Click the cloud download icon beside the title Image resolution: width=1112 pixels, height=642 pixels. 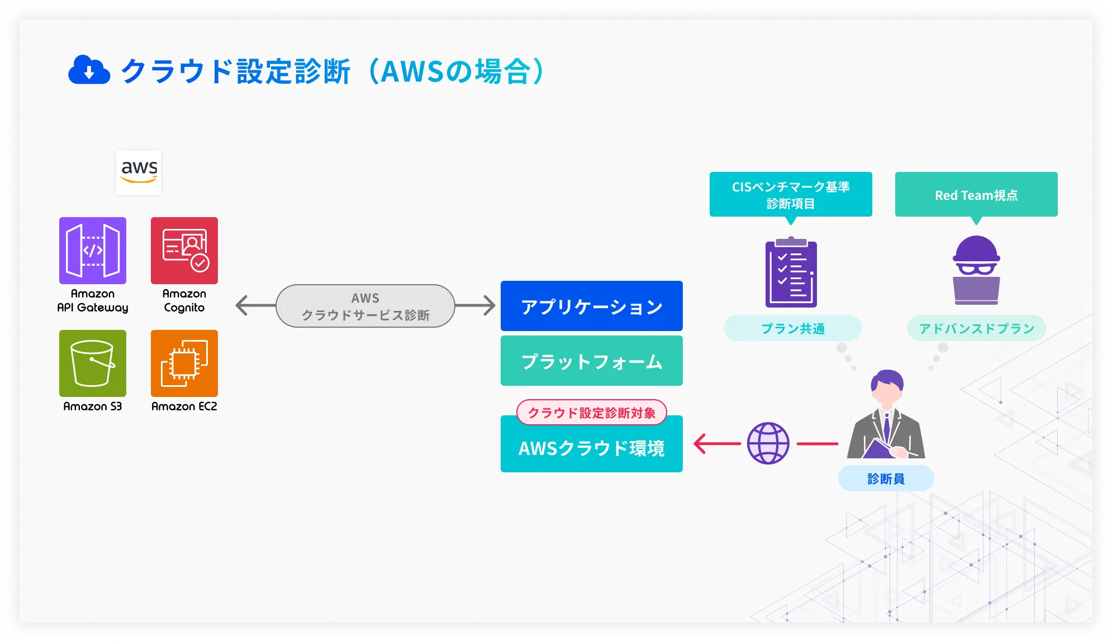pos(89,70)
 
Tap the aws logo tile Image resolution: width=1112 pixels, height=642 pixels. pos(139,172)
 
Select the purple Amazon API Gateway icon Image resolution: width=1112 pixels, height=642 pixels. pos(93,251)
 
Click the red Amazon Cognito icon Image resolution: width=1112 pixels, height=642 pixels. pos(184,251)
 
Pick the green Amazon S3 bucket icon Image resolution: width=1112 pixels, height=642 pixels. pos(93,363)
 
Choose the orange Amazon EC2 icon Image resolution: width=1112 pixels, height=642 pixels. pos(184,363)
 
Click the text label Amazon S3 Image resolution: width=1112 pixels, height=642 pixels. pos(93,406)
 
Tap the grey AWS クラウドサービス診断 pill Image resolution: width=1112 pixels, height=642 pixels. pos(365,306)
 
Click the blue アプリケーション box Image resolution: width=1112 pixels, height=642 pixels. pos(591,306)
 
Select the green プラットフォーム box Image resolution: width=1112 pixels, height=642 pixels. pos(591,361)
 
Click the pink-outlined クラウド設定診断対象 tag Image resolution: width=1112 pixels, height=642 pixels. pos(591,413)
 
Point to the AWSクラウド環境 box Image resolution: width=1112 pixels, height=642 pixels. pos(591,448)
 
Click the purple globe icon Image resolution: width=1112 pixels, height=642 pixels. pos(768,443)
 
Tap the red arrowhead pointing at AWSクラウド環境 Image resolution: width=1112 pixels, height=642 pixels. pos(700,444)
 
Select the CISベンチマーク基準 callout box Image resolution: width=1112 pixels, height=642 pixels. pos(791,194)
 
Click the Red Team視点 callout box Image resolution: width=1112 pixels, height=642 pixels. pos(976,194)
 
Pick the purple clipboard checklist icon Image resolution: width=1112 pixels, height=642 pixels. pos(791,272)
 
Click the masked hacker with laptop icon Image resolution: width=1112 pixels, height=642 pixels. pos(976,270)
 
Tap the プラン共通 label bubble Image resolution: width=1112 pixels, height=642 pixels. pos(792,328)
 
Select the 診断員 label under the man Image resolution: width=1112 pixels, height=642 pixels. pos(886,478)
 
